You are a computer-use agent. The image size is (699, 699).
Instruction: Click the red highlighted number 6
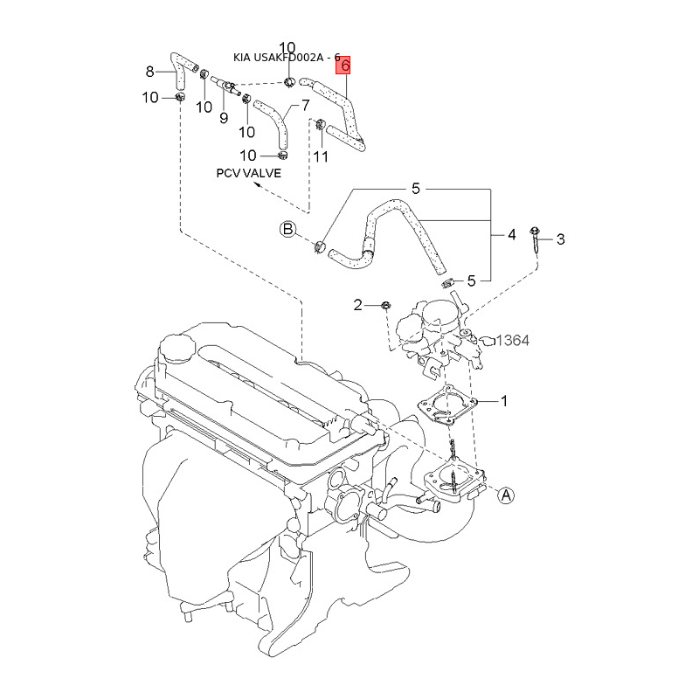[343, 65]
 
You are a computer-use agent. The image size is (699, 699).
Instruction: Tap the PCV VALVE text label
[249, 173]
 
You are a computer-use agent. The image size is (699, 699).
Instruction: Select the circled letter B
[288, 229]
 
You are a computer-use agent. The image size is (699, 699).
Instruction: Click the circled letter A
[506, 495]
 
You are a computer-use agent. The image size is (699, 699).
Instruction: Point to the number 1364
[512, 341]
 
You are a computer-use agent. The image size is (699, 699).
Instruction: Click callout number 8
[149, 72]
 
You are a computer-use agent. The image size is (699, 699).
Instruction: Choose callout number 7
[305, 105]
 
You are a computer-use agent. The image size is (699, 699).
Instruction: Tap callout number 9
[224, 118]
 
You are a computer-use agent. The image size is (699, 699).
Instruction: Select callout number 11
[321, 156]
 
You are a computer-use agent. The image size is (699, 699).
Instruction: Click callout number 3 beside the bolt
[561, 239]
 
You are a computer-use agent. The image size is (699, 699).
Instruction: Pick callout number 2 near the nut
[357, 305]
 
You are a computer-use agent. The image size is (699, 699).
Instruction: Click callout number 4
[512, 234]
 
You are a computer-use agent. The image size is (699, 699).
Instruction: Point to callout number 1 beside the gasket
[504, 401]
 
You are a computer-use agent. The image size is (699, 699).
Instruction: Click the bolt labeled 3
[536, 243]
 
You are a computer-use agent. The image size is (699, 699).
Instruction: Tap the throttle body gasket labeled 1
[447, 405]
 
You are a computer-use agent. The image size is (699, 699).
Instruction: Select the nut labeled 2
[386, 305]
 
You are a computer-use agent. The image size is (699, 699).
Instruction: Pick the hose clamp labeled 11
[321, 124]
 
